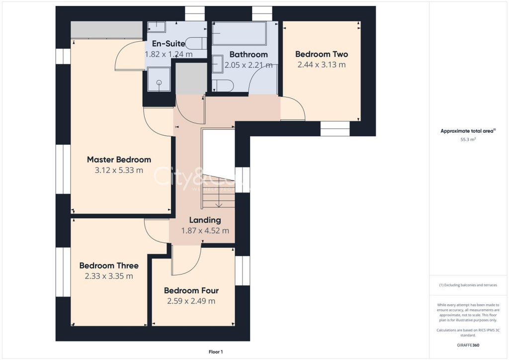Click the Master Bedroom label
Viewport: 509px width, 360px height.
119,160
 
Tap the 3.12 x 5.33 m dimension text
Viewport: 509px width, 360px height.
119,170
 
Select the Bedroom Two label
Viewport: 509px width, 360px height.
321,54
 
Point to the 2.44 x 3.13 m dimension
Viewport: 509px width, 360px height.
321,65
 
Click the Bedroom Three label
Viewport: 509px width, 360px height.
109,266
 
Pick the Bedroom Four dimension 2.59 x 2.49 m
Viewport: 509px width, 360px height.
191,301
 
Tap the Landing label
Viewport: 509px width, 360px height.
205,220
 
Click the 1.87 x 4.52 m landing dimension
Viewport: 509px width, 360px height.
205,231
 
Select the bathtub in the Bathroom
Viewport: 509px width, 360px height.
239,33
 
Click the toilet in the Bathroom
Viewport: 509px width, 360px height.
223,86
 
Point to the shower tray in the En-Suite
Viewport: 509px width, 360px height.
159,80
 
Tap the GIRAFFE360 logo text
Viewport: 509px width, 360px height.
469,345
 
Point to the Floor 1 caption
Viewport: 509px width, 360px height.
216,352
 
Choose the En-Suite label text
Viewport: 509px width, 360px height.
158,44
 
